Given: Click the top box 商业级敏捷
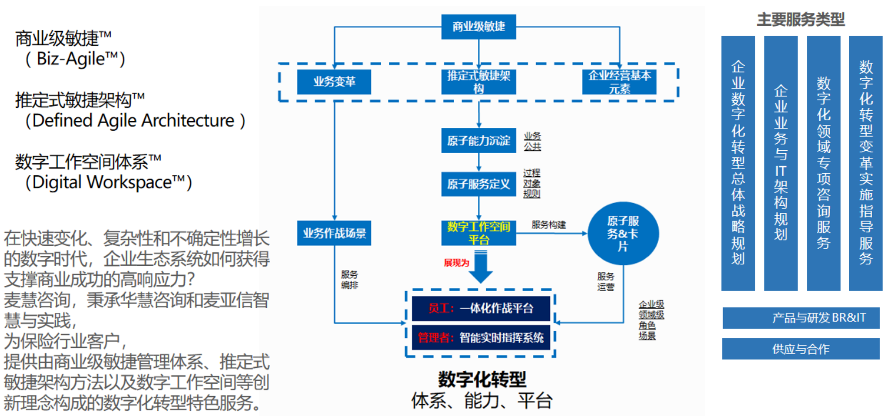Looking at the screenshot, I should click(478, 26).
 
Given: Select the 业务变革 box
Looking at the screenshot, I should click(334, 82).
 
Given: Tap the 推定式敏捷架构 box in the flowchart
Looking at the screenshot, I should click(478, 82).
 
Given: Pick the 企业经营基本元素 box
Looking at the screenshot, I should click(619, 82).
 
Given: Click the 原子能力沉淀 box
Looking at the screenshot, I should click(478, 140).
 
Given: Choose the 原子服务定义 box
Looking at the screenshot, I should click(478, 184).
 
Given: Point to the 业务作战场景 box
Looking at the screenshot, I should click(334, 233).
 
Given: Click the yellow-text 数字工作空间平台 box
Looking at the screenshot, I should click(478, 233).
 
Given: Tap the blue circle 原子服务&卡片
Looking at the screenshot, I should click(623, 233).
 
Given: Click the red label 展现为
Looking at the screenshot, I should click(456, 262).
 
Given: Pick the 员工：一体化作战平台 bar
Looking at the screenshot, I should click(480, 308).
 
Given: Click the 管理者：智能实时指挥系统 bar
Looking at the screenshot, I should click(480, 338).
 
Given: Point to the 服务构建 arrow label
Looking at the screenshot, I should click(549, 224).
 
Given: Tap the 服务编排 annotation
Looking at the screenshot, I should click(349, 280).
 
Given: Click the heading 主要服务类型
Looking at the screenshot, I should click(801, 20).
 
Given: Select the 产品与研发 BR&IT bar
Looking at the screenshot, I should click(801, 318).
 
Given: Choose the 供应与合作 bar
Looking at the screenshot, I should click(801, 349).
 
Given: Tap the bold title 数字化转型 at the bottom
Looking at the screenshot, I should click(482, 379).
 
